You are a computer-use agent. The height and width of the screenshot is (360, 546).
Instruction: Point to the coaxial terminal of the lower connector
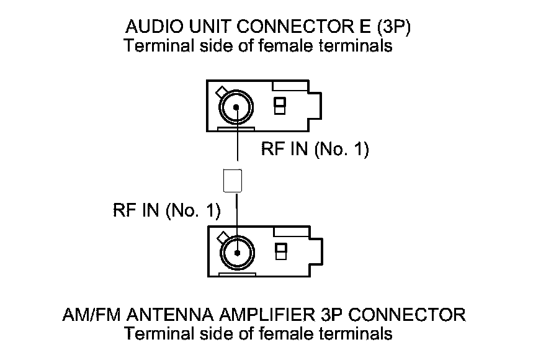pos(236,253)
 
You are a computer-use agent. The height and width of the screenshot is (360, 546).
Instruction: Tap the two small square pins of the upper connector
pos(280,106)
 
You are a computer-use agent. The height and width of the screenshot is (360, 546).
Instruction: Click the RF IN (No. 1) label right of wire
pos(315,150)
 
